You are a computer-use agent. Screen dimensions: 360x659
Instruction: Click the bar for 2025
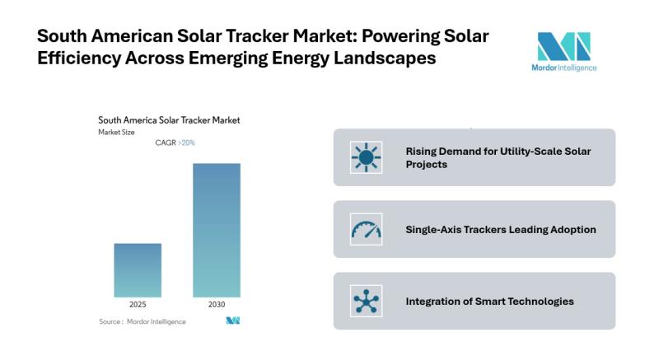[138, 269]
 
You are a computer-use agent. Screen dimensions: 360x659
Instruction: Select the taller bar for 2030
[217, 230]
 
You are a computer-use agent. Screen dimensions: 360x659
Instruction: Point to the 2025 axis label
[138, 304]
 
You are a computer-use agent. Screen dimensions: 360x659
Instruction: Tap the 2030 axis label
[217, 304]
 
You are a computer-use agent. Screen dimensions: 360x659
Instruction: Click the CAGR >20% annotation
[175, 143]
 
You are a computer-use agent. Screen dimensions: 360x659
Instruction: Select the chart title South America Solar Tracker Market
[169, 120]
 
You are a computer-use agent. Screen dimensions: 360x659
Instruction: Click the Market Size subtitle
[116, 132]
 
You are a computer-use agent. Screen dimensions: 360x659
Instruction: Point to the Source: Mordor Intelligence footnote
[142, 321]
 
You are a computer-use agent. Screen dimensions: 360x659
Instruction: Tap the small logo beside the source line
[232, 320]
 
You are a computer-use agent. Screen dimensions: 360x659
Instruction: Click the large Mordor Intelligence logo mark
[563, 46]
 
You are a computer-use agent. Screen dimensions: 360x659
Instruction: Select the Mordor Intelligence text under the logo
[563, 68]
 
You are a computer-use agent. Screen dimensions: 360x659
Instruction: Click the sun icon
[366, 157]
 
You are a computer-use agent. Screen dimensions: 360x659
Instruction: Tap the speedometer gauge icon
[366, 229]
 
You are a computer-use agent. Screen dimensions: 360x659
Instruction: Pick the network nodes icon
[366, 301]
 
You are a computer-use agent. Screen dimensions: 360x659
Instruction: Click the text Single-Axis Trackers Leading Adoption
[501, 229]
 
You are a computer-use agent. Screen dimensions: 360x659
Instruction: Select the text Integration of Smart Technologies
[489, 301]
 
